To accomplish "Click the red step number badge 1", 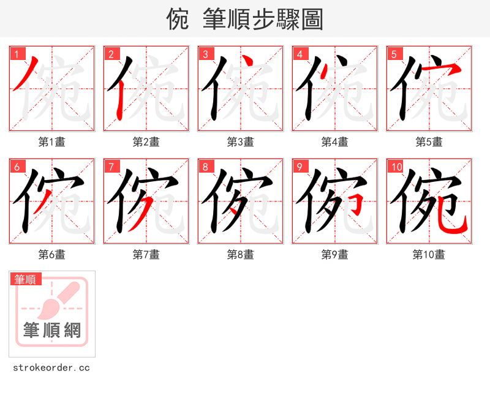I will point(17,54).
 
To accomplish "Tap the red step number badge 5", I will point(394,54).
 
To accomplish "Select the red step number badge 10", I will point(396,167).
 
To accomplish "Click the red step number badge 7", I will point(111,167).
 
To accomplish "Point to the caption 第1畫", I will point(52,142).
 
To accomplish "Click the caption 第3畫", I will point(241,142).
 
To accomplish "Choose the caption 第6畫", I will point(52,255).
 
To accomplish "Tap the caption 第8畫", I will point(241,255).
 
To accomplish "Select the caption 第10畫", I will point(429,255).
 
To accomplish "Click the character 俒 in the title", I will point(178,20).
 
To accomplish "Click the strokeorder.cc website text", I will point(51,368).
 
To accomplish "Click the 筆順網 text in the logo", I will point(52,331).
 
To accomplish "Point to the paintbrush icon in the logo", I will point(59,300).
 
